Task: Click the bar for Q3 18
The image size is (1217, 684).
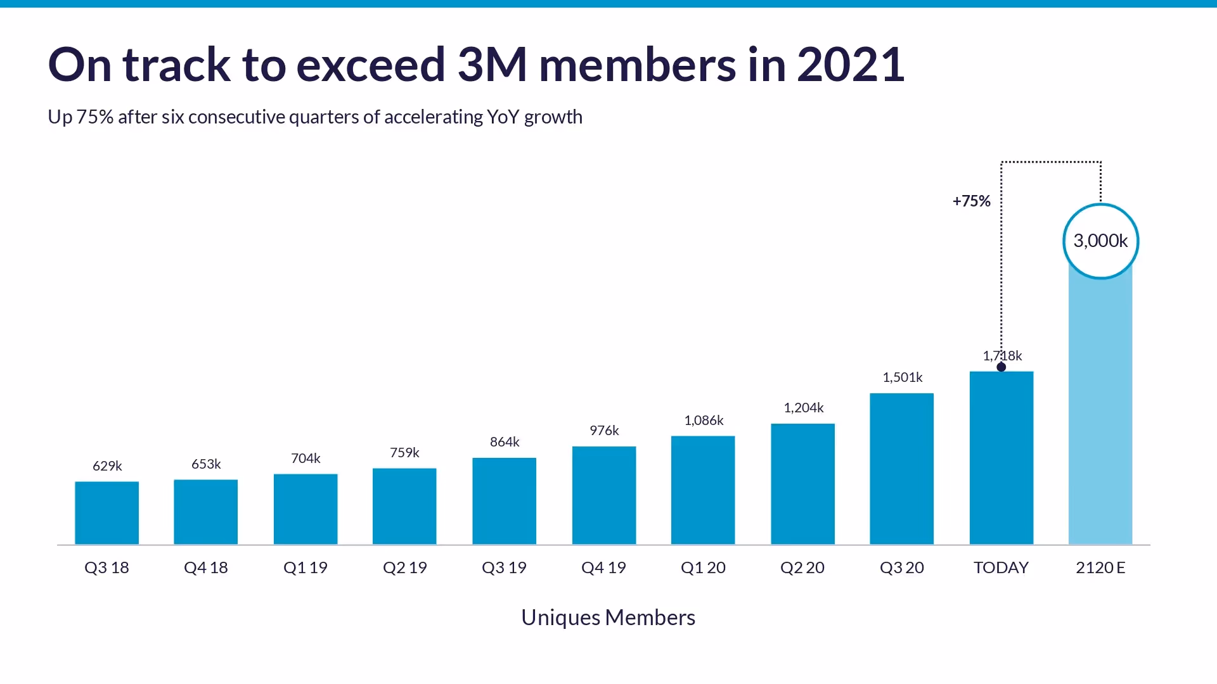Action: tap(106, 513)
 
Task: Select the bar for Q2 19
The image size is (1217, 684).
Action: tap(404, 506)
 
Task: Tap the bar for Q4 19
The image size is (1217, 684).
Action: tap(603, 495)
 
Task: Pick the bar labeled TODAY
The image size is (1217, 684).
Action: tap(1001, 458)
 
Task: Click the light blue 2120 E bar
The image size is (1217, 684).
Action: tap(1100, 412)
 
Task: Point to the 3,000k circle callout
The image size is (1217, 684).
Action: tap(1100, 241)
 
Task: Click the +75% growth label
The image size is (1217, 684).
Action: tap(971, 201)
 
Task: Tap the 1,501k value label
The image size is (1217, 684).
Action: tap(902, 377)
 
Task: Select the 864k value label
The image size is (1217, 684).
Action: tap(505, 442)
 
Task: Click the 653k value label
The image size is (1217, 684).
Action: tap(206, 464)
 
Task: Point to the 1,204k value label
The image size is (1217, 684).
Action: tap(803, 408)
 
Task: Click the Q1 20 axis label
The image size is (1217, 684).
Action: tap(703, 567)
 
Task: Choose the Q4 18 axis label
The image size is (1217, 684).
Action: tap(206, 567)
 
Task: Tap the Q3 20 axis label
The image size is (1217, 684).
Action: tap(902, 567)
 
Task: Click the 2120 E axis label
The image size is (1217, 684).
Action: tap(1100, 567)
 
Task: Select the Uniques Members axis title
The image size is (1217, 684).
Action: tap(608, 617)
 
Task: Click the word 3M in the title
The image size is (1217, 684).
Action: tap(492, 65)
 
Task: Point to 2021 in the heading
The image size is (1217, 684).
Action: tap(850, 65)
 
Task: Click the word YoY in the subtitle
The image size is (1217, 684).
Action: tap(503, 117)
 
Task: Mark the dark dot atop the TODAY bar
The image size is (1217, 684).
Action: tap(1001, 367)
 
